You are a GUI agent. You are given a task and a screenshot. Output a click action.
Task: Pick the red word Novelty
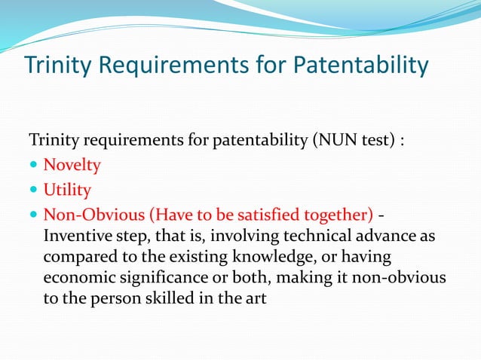(x=72, y=164)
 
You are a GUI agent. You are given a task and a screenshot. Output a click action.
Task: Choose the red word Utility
(x=67, y=189)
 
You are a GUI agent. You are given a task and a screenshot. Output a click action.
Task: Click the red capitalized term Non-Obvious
(x=85, y=214)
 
